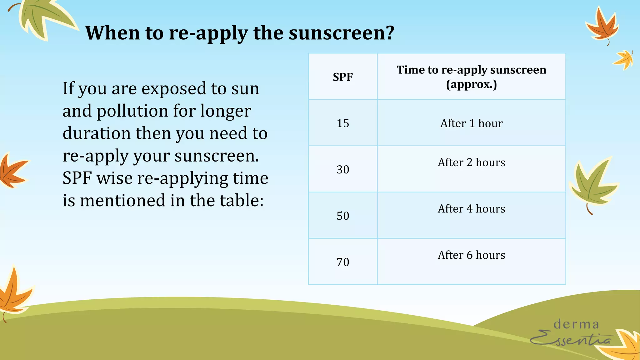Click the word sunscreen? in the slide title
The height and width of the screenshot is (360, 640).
pyautogui.click(x=342, y=33)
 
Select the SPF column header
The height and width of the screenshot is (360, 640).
pyautogui.click(x=342, y=77)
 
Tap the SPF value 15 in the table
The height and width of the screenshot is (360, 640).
pyautogui.click(x=342, y=123)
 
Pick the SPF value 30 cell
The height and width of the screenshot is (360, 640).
pyautogui.click(x=342, y=169)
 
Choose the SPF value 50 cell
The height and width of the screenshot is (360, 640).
pyautogui.click(x=342, y=216)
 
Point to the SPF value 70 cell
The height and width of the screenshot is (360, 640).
pyautogui.click(x=342, y=262)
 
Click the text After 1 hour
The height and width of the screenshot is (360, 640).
pyautogui.click(x=471, y=123)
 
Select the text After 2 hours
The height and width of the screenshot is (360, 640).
pyautogui.click(x=471, y=162)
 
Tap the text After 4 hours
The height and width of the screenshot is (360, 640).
pyautogui.click(x=471, y=209)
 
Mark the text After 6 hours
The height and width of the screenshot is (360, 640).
pyautogui.click(x=471, y=255)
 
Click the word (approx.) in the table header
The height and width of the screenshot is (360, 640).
pyautogui.click(x=471, y=84)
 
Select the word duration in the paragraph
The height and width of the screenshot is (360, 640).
pyautogui.click(x=97, y=133)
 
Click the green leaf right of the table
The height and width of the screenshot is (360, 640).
pyautogui.click(x=592, y=184)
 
